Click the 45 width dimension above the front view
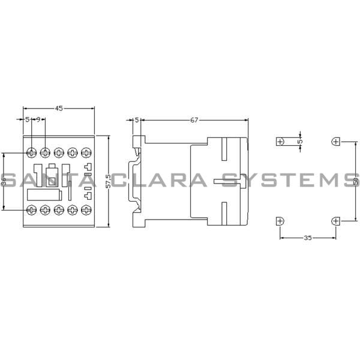59,109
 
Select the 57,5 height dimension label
107,181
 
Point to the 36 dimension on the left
4,181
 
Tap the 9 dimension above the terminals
39,120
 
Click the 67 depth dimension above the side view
194,120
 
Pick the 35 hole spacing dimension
307,238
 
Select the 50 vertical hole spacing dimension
355,181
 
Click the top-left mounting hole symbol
280,142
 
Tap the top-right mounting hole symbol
335,142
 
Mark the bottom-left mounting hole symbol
280,221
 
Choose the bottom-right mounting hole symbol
335,221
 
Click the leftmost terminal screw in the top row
31,152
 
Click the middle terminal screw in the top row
59,152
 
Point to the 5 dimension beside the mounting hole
301,142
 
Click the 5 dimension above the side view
137,120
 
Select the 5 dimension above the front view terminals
28,120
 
